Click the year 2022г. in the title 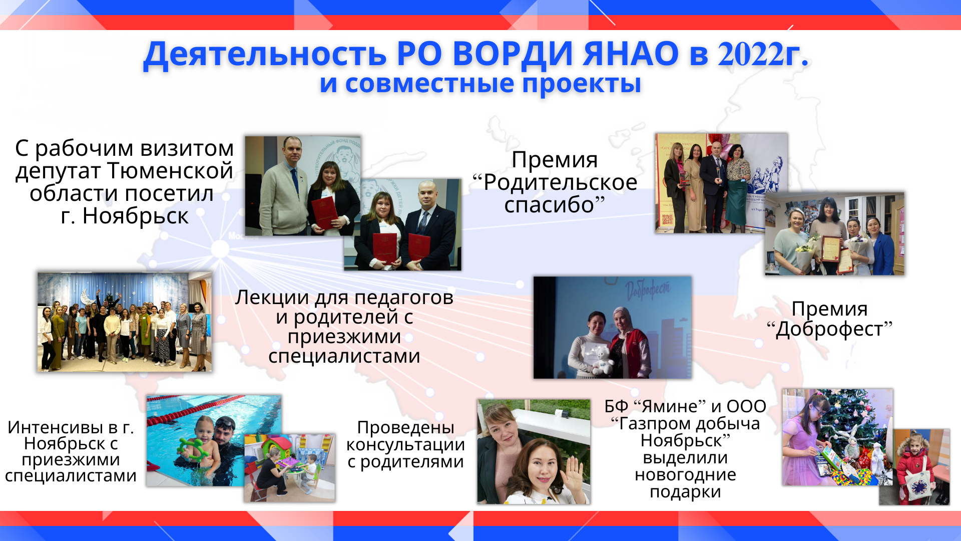(763, 54)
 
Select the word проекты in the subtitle (582, 84)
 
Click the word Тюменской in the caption (170, 170)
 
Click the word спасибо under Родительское (549, 205)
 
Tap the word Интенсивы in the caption (57, 427)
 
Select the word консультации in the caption (405, 445)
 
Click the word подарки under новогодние (685, 492)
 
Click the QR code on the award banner (667, 219)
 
